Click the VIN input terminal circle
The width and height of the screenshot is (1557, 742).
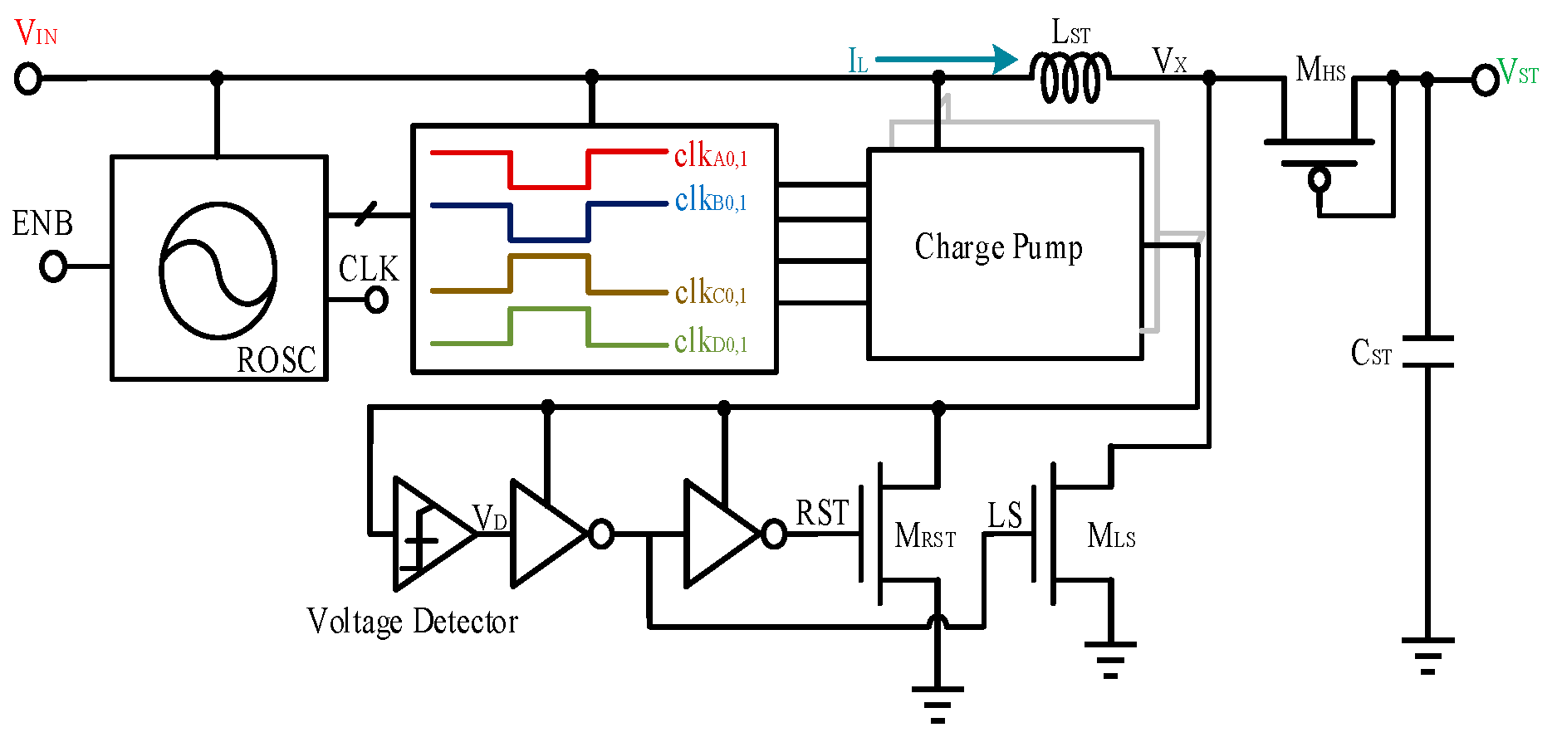28,79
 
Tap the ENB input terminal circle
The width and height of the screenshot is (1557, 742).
53,266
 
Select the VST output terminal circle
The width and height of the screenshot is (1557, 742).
1485,81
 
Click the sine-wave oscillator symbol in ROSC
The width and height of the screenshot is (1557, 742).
218,271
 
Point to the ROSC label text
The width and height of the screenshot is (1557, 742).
276,360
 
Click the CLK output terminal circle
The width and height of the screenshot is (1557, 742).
376,299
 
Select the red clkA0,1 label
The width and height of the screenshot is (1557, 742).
710,155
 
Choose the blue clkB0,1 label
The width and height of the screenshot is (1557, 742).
710,200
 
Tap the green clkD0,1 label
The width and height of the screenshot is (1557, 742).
710,341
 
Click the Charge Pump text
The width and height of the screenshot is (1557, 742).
998,248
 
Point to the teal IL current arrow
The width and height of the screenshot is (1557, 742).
947,59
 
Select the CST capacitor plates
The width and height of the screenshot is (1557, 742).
1427,351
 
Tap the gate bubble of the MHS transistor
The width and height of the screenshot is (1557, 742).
1319,178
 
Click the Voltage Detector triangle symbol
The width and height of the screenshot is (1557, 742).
430,534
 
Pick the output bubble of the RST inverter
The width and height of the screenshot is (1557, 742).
773,534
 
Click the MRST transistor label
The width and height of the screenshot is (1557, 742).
924,537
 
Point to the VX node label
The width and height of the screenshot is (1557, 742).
1169,61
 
